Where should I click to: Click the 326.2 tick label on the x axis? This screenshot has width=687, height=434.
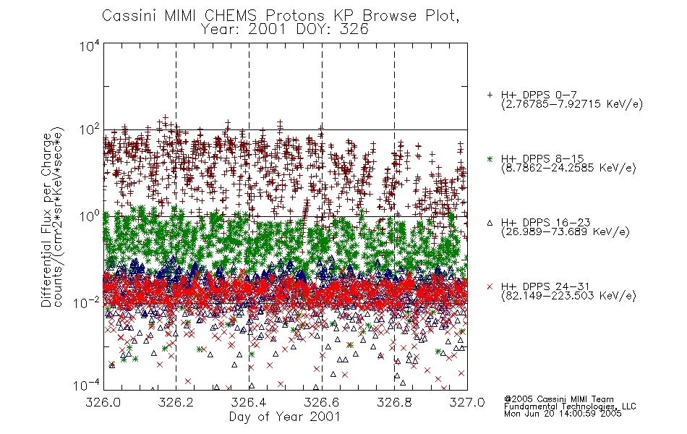[176, 402]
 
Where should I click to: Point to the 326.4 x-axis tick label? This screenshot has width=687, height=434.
[249, 402]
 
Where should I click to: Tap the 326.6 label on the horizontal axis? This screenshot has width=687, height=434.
[322, 402]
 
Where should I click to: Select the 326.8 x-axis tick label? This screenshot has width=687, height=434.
[394, 402]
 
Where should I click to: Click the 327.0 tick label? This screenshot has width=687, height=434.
[467, 402]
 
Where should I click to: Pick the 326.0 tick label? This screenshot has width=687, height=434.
[103, 402]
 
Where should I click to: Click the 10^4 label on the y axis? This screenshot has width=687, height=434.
[90, 46]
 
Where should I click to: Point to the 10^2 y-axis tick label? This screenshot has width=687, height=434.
[90, 130]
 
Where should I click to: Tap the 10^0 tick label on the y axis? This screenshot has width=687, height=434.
[90, 216]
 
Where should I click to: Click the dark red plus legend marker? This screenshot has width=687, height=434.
[490, 95]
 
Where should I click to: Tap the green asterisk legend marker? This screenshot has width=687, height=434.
[490, 158]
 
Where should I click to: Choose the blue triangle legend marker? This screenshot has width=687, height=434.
[490, 223]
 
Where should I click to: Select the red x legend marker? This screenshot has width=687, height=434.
[490, 286]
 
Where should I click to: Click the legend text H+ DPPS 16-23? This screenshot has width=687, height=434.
[545, 223]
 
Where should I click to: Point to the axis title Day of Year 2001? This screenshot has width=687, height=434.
[285, 417]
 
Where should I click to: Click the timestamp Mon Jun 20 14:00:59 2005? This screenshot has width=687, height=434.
[563, 414]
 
